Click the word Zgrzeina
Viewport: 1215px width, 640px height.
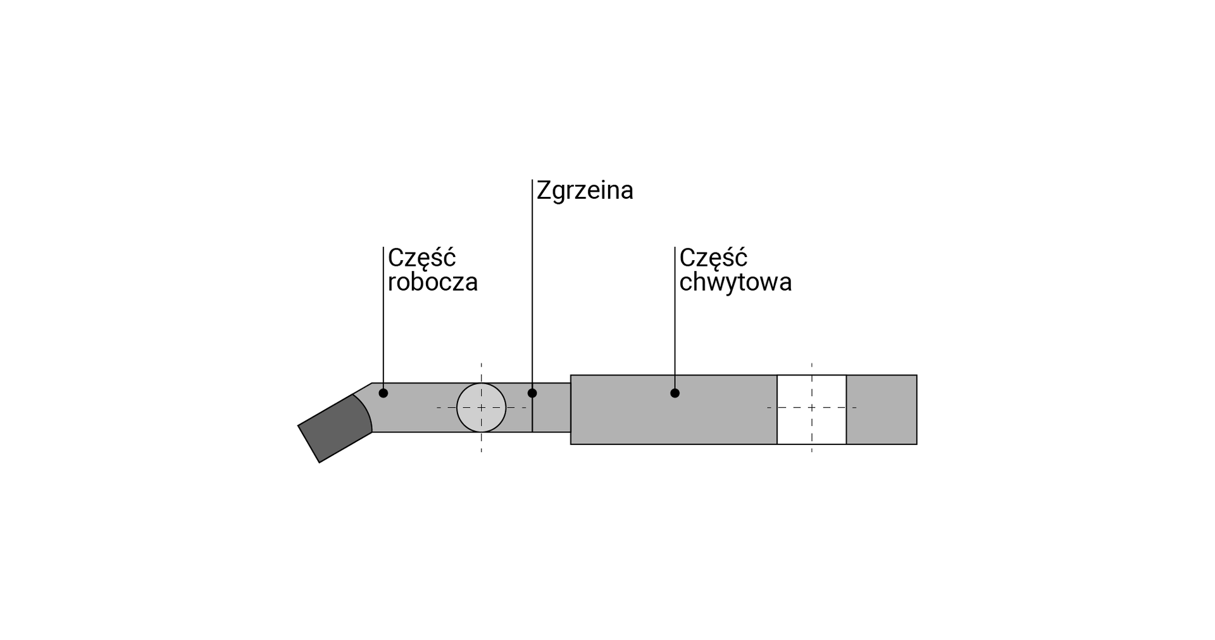tap(585, 191)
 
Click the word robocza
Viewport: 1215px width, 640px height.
tap(433, 282)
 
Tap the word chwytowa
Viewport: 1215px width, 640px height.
tap(735, 282)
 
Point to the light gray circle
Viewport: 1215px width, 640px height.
tap(482, 408)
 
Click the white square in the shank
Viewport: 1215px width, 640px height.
tap(812, 410)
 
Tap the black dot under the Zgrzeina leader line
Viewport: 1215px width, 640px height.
tap(532, 393)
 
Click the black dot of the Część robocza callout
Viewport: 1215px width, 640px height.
tap(383, 393)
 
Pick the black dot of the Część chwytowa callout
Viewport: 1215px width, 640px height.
tap(675, 393)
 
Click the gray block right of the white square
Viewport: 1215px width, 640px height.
tap(882, 410)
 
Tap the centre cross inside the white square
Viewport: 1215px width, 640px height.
tap(812, 408)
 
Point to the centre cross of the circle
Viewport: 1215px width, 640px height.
tap(482, 408)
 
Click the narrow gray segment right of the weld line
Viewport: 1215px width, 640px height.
tap(551, 408)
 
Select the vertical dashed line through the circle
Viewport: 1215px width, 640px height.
tap(482, 408)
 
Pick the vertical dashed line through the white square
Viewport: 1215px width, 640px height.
tap(812, 408)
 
